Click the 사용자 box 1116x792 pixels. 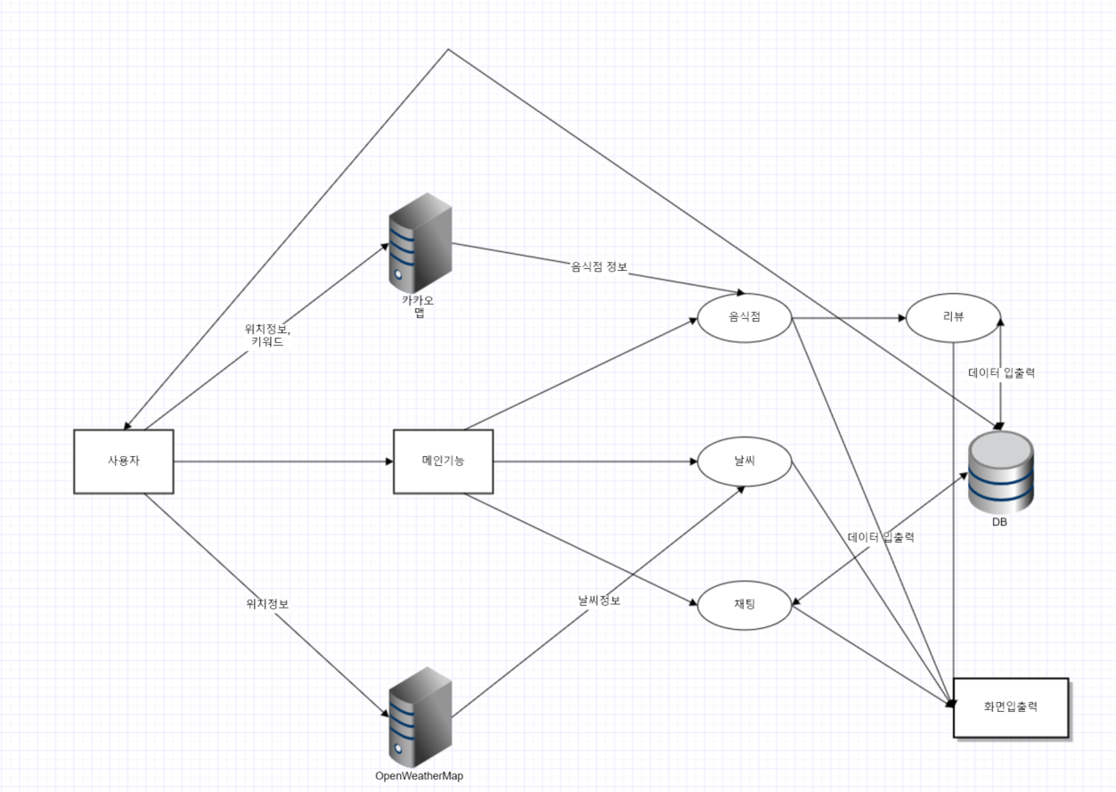[123, 461]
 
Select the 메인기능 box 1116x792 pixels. [443, 461]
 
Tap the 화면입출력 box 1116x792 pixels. [1011, 707]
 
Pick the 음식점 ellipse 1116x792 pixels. [745, 317]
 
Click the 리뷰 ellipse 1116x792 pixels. [952, 317]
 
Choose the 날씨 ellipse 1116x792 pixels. [745, 461]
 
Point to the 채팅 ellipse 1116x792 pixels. [745, 606]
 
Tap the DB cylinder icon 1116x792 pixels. [1000, 472]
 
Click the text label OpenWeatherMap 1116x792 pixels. [420, 776]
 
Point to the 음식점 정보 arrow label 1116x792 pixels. [599, 266]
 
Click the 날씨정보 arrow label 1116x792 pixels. [599, 600]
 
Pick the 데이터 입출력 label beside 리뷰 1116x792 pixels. [1001, 373]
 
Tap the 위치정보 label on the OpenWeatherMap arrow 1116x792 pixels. [267, 604]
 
